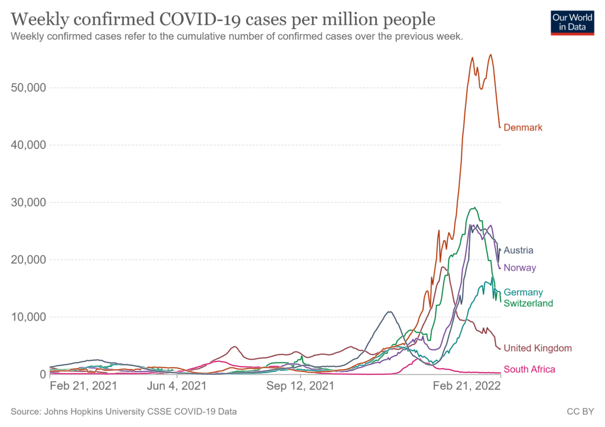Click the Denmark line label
point(523,128)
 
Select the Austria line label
point(518,250)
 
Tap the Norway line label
point(520,268)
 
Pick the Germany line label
point(523,292)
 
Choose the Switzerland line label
point(528,304)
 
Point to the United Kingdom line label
point(538,348)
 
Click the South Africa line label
point(529,370)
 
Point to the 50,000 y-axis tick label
point(28,87)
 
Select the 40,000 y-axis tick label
point(28,145)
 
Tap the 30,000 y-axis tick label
point(28,202)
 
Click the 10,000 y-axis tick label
point(28,317)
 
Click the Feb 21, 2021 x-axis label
point(83,386)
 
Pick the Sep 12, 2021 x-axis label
point(300,386)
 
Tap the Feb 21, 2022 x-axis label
point(467,386)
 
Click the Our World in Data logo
point(572,22)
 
